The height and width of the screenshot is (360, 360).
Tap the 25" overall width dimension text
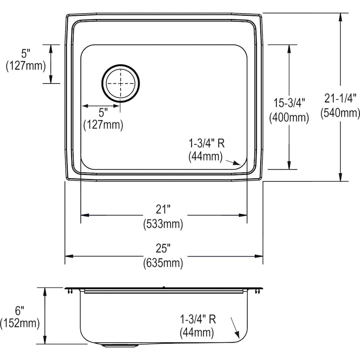click(x=163, y=248)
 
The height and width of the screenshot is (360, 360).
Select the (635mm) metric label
click(x=163, y=263)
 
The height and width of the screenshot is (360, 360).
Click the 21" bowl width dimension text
click(x=163, y=209)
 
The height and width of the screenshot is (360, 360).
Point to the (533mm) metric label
click(x=163, y=224)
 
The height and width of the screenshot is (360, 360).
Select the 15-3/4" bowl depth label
click(x=289, y=102)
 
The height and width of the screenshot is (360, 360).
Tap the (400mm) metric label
click(x=289, y=118)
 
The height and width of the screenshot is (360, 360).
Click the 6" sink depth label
click(x=20, y=309)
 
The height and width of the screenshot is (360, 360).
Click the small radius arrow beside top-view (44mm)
click(x=233, y=162)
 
